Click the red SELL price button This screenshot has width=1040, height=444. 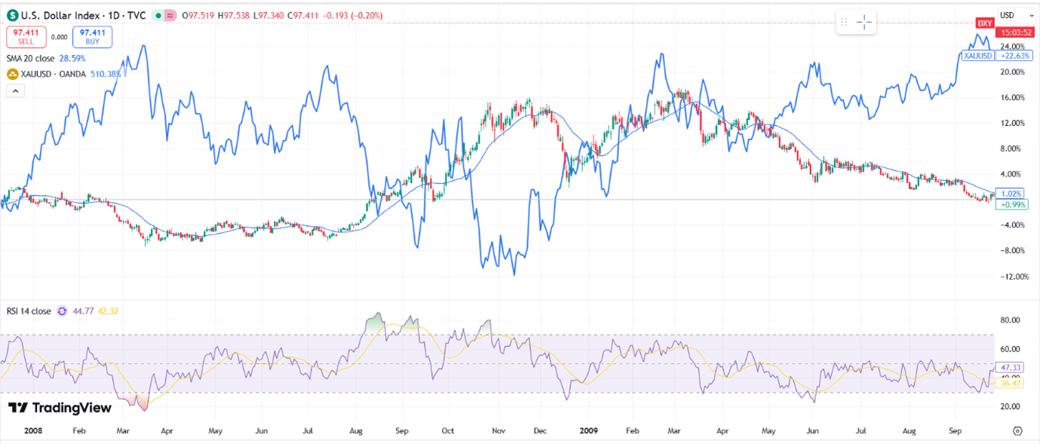pyautogui.click(x=26, y=37)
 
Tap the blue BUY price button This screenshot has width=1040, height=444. pyautogui.click(x=92, y=37)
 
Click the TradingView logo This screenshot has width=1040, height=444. pyautogui.click(x=60, y=408)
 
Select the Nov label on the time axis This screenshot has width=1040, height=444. pyautogui.click(x=498, y=431)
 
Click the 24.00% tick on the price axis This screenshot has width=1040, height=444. pyautogui.click(x=1012, y=47)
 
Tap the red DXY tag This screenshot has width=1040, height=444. pyautogui.click(x=984, y=23)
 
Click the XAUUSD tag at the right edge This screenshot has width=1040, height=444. pyautogui.click(x=978, y=55)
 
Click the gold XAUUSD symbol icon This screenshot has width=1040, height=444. pyautogui.click(x=12, y=74)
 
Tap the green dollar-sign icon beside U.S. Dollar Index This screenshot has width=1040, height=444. pyautogui.click(x=12, y=15)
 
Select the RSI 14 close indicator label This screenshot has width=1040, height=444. pyautogui.click(x=29, y=311)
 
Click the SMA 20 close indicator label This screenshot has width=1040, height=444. pyautogui.click(x=31, y=58)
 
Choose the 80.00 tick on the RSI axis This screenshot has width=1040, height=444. pyautogui.click(x=1010, y=320)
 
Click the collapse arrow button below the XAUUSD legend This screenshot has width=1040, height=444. pyautogui.click(x=15, y=90)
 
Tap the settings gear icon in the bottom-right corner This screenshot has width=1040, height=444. pyautogui.click(x=1017, y=431)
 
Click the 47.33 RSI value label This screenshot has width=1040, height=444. pyautogui.click(x=1009, y=367)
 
